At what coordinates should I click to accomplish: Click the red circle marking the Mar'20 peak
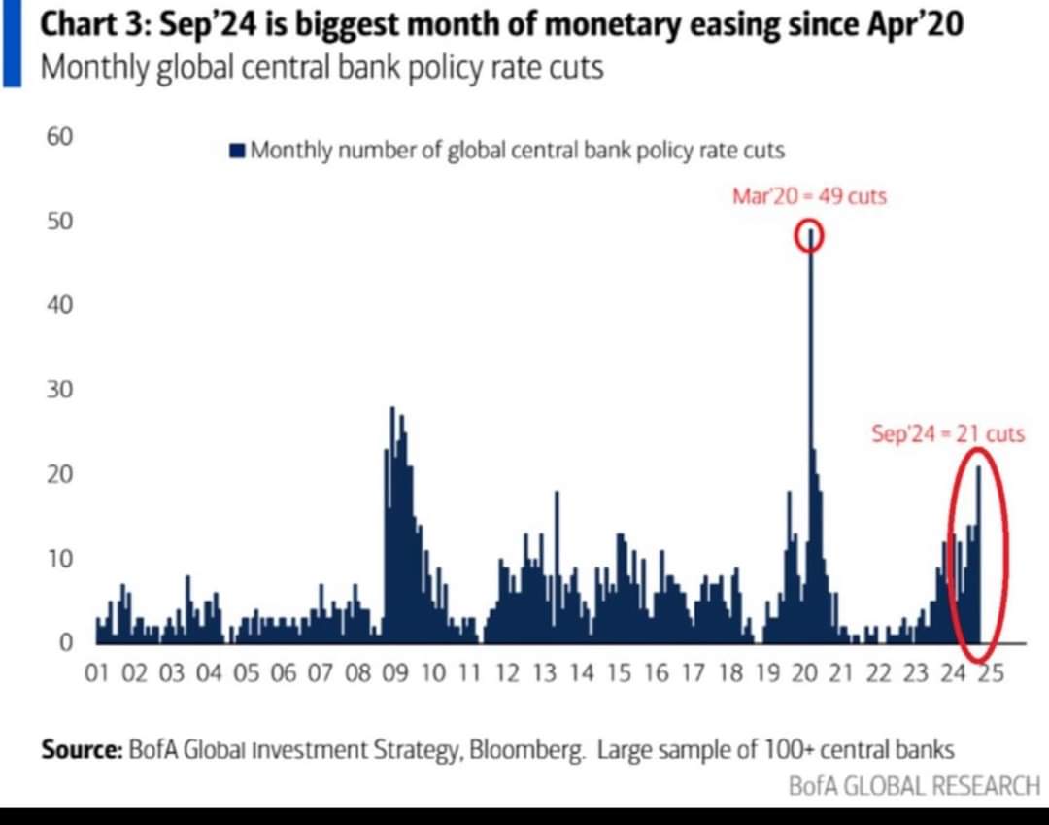[810, 236]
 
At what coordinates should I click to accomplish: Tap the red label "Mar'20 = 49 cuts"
[809, 196]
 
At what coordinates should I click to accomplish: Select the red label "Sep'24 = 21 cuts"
[948, 434]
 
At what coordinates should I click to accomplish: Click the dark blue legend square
[237, 150]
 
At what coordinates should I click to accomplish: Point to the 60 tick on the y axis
[59, 136]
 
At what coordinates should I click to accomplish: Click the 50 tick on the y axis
[59, 222]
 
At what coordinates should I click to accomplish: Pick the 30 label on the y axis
[59, 390]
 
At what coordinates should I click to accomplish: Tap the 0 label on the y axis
[65, 642]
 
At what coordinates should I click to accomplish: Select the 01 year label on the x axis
[97, 674]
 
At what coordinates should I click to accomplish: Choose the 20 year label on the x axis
[804, 674]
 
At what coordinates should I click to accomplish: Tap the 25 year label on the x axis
[990, 674]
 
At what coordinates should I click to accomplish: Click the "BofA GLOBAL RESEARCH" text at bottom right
[913, 785]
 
